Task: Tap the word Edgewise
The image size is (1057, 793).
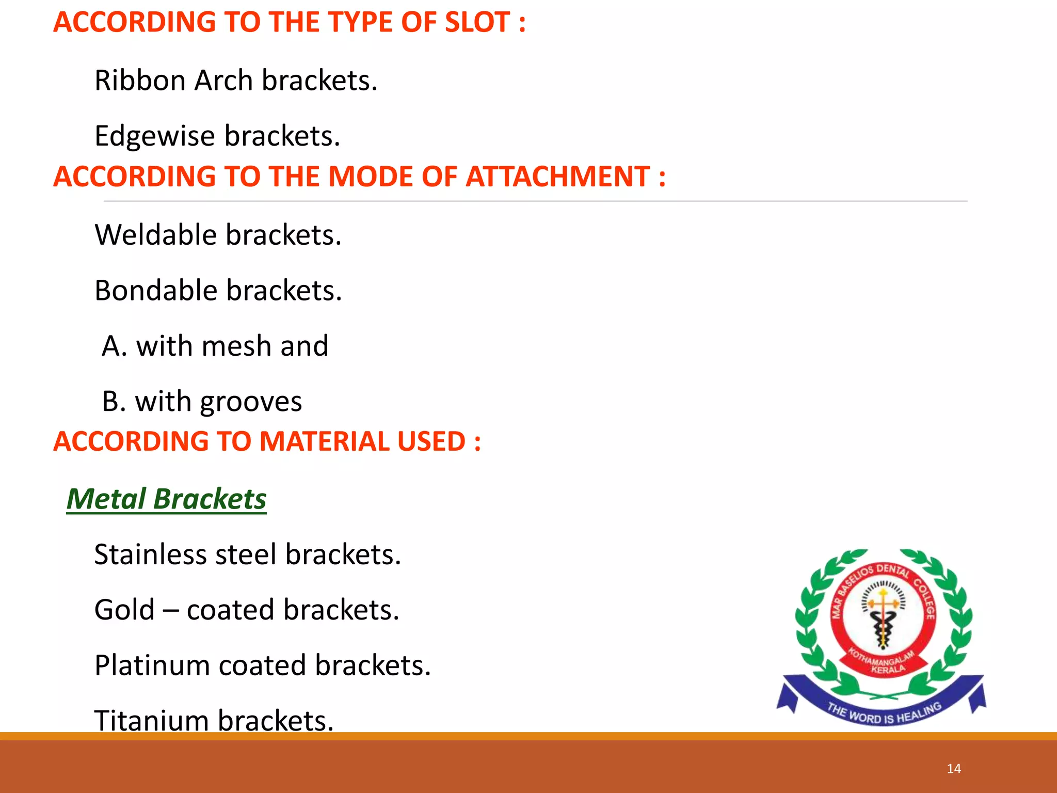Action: click(154, 137)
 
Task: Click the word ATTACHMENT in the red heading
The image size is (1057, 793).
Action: click(557, 177)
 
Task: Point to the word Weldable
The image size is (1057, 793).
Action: click(155, 235)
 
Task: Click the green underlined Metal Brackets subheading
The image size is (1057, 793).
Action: click(166, 499)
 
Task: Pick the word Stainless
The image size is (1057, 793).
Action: click(150, 555)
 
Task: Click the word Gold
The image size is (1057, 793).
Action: click(124, 610)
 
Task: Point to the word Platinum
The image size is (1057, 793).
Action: click(151, 666)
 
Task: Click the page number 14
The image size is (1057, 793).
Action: click(954, 769)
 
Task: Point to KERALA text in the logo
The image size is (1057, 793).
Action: click(888, 670)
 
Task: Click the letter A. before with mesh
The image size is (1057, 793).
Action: click(114, 346)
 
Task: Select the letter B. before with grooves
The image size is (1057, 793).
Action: click(114, 402)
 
